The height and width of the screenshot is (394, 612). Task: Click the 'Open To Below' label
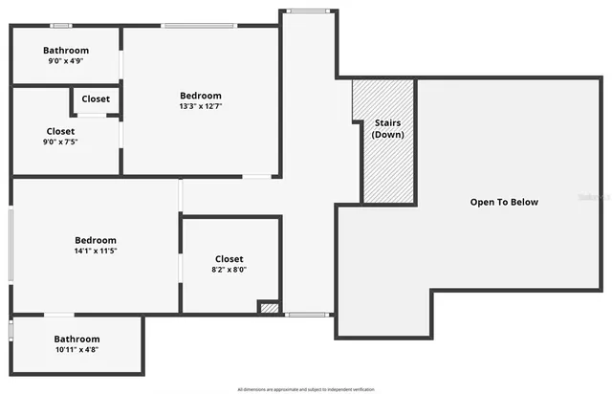click(x=504, y=202)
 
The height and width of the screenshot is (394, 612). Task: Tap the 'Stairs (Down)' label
click(x=387, y=128)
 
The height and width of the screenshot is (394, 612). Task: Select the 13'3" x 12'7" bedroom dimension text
click(x=201, y=106)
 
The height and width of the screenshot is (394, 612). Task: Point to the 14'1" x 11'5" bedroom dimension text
click(x=96, y=251)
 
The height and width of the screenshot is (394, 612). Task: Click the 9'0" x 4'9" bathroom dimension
click(x=66, y=61)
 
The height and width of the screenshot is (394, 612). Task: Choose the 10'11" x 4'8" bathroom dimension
click(x=76, y=350)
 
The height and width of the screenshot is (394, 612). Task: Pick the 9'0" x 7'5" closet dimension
click(x=61, y=142)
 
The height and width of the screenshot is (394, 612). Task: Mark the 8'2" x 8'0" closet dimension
click(x=229, y=270)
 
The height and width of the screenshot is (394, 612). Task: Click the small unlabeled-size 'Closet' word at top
click(x=96, y=99)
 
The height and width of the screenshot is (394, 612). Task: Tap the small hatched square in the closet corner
click(x=270, y=308)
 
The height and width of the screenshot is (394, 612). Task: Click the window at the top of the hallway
click(x=307, y=11)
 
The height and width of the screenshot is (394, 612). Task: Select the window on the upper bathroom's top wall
click(x=61, y=25)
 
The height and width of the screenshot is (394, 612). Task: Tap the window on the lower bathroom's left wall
click(x=11, y=330)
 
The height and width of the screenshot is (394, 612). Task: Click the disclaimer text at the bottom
click(x=306, y=389)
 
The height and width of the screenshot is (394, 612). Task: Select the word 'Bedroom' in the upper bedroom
click(x=201, y=96)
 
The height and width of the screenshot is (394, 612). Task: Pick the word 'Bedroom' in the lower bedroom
click(x=96, y=240)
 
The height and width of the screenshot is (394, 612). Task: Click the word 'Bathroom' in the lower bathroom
click(x=76, y=339)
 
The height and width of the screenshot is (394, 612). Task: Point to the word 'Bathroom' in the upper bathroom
click(x=66, y=51)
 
